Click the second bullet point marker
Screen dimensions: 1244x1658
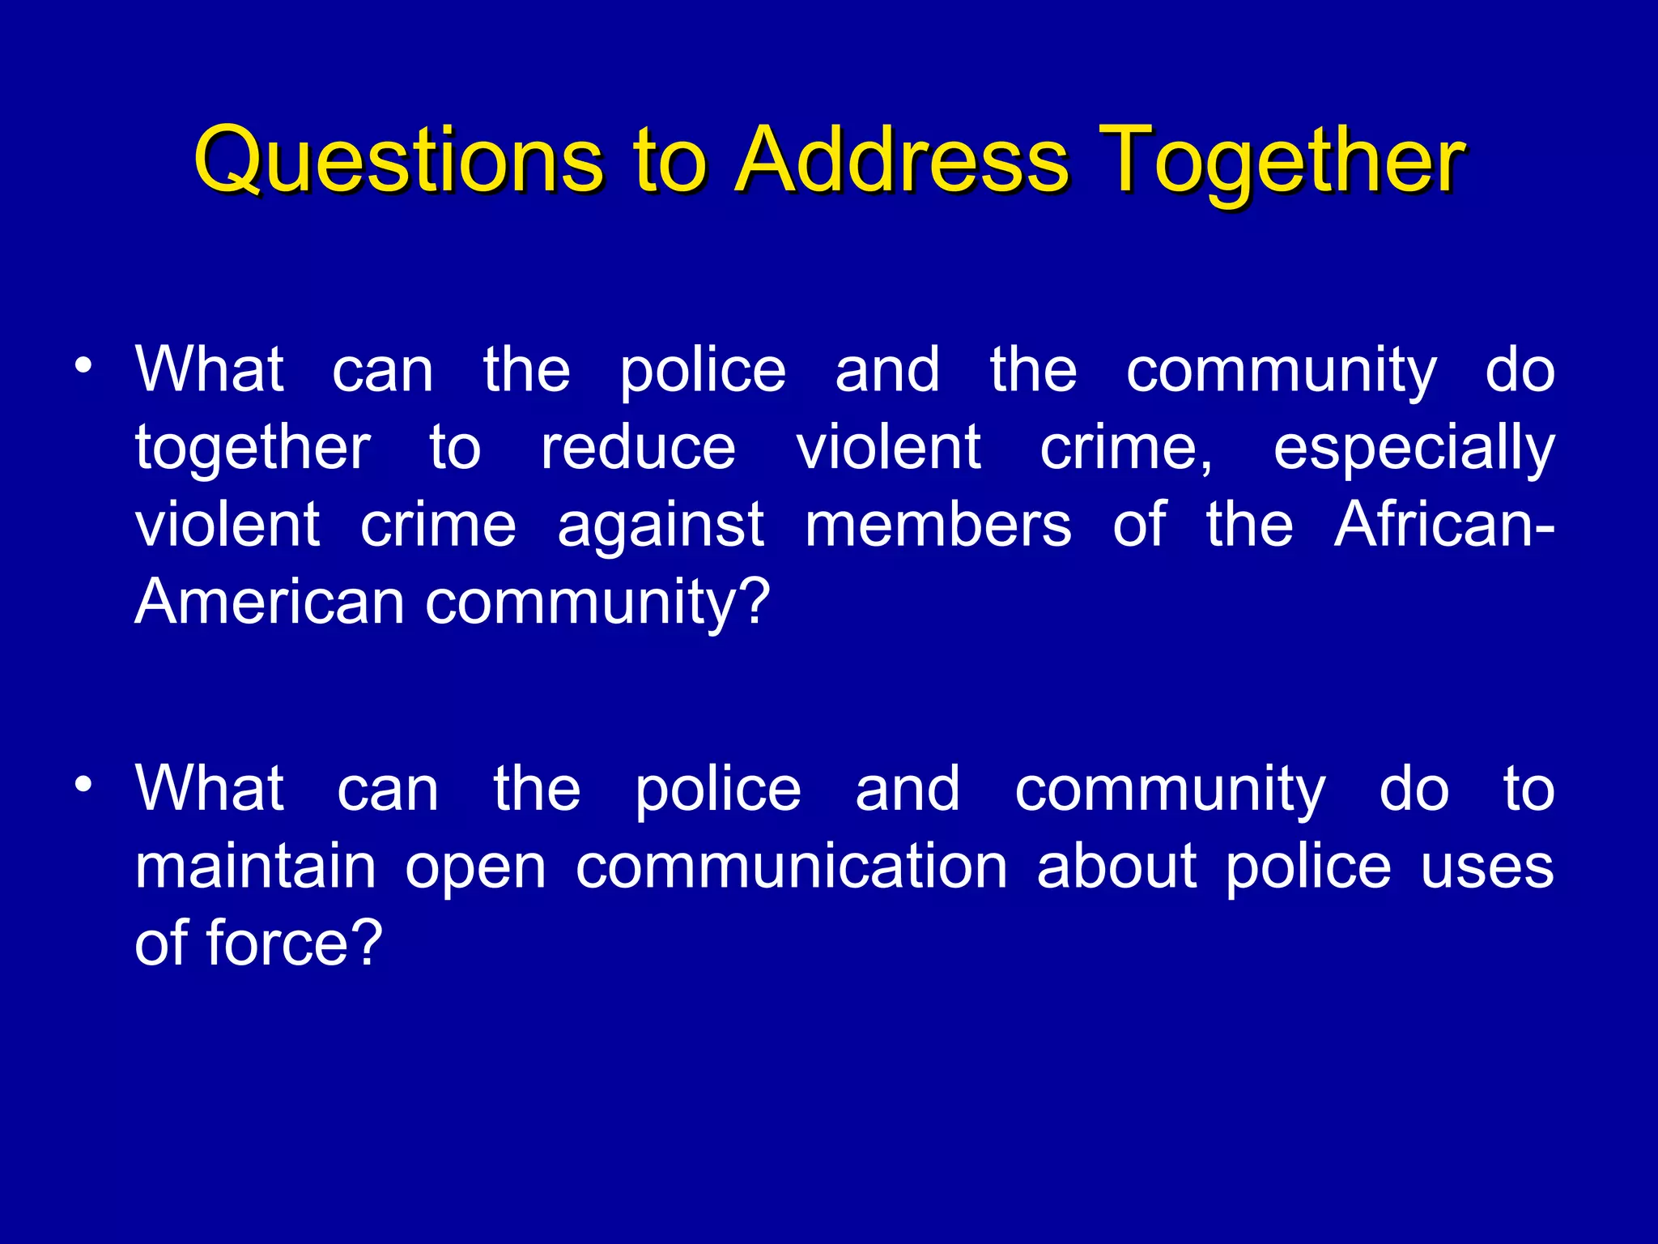[82, 785]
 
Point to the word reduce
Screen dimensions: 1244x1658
[638, 448]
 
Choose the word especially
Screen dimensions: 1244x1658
[1414, 448]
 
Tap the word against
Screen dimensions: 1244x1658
[661, 526]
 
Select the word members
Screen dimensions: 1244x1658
[937, 526]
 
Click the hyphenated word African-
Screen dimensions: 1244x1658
[1443, 524]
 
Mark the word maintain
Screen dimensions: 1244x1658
[255, 867]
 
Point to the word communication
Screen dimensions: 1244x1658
[791, 867]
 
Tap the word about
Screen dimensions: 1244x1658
[1116, 867]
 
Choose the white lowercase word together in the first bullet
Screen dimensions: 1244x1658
[253, 448]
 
